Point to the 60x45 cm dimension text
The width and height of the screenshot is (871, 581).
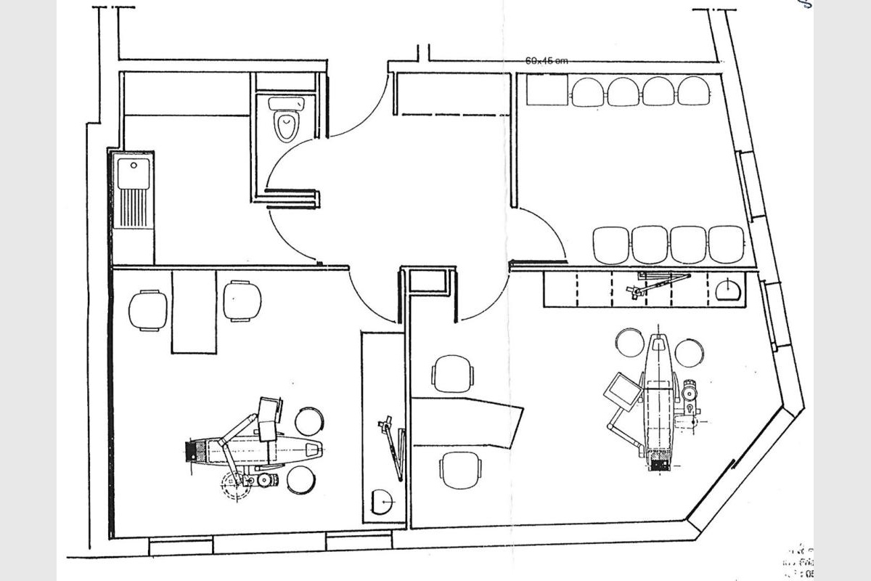tap(547, 61)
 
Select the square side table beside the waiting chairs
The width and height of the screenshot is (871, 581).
tap(547, 90)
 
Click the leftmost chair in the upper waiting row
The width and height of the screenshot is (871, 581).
tap(588, 92)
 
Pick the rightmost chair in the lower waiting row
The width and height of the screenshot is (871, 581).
tap(727, 245)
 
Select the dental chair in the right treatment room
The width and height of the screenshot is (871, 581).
tap(658, 399)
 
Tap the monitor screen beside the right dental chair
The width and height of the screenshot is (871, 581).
tap(621, 389)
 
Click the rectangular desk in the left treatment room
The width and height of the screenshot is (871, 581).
tap(194, 311)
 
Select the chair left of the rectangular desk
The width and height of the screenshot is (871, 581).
tap(148, 310)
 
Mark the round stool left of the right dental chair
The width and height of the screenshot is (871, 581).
tap(630, 343)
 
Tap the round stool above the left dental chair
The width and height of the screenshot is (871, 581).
tap(310, 421)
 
